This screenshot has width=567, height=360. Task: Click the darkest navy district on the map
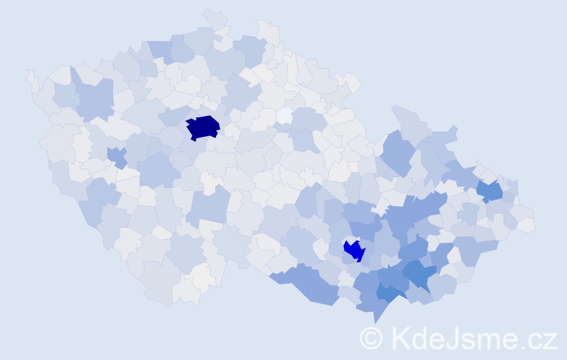point(203,127)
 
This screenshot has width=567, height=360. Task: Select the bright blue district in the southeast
point(354,251)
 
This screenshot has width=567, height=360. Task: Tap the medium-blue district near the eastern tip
point(491,191)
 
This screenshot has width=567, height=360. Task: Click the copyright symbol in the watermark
point(371,338)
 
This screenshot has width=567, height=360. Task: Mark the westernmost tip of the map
point(29,74)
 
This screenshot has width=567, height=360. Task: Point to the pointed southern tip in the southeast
point(374,321)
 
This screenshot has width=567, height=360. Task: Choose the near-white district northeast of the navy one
point(285,115)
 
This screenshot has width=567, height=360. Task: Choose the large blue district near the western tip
point(94,97)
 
